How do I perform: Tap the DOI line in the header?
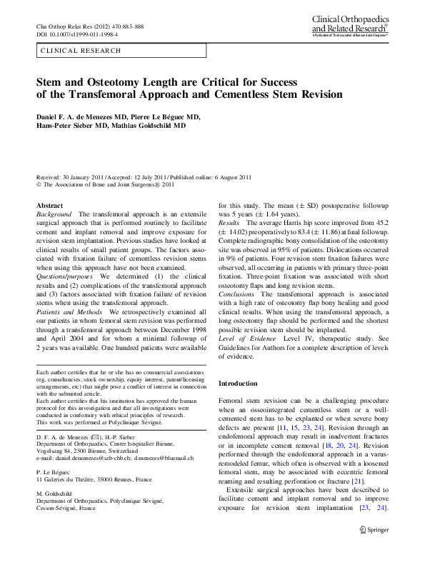click(x=77, y=34)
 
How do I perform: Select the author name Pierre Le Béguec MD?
click(x=166, y=115)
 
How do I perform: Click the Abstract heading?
click(x=49, y=205)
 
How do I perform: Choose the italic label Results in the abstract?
click(x=230, y=224)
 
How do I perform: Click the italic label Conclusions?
click(x=236, y=294)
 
